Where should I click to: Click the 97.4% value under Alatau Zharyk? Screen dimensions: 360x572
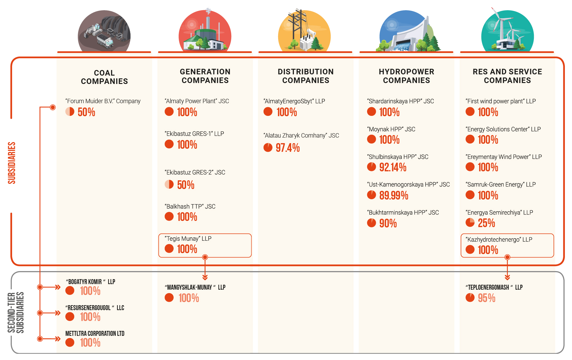point(288,148)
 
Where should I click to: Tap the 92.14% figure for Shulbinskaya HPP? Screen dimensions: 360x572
point(392,167)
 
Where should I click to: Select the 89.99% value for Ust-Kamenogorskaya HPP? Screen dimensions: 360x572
point(393,195)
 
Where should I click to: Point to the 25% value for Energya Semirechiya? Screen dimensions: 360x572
point(486,223)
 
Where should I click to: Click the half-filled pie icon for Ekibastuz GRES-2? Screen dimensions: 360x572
point(169,185)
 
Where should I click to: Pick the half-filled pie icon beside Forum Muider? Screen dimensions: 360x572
point(70,112)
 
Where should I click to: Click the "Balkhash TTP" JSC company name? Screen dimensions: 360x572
point(190,206)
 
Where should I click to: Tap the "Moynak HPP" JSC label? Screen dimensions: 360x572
point(391,129)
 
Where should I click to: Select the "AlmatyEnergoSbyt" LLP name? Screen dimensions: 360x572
point(294,101)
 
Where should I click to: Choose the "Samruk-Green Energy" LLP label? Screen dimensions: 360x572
point(500,184)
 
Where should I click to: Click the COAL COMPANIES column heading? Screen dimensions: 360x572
point(104,77)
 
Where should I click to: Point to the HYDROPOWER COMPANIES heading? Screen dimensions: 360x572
point(406,76)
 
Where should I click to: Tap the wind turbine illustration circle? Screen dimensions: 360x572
point(507,31)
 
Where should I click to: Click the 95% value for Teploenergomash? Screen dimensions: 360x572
point(486,298)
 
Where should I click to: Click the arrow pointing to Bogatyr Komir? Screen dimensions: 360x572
point(57,287)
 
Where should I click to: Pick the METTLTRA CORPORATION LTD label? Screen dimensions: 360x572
point(95,333)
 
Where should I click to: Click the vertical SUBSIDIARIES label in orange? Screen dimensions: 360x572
point(12,163)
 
